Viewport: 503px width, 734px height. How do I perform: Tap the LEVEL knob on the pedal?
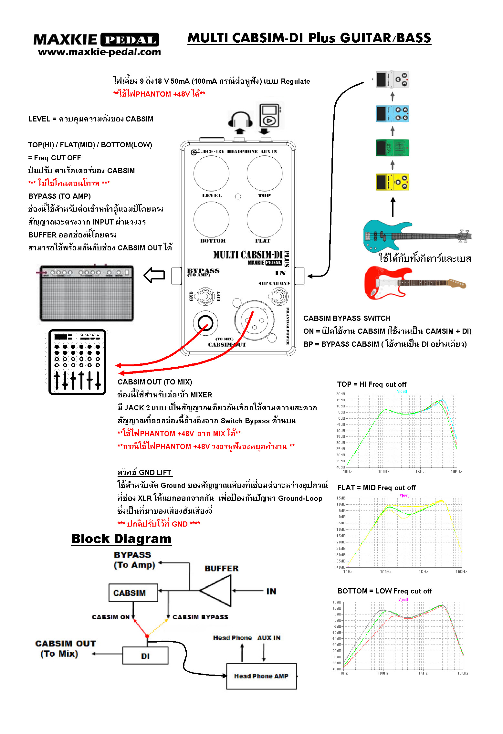tap(211, 173)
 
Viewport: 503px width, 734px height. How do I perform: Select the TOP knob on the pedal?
tap(264, 173)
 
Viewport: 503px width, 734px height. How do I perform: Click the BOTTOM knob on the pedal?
tap(211, 220)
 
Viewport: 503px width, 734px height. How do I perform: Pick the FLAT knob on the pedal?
tap(264, 220)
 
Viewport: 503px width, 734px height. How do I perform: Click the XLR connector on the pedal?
tap(254, 320)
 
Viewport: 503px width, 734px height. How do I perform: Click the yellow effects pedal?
tap(392, 182)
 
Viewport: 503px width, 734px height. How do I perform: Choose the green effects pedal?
tap(392, 148)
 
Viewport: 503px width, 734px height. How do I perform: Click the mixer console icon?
tap(77, 362)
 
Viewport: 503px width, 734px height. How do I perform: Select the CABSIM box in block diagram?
tap(133, 592)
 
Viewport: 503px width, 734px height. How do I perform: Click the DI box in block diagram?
tap(145, 655)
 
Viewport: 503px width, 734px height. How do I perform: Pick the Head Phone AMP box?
tap(261, 676)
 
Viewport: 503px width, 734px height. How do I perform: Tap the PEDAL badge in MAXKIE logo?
tap(130, 40)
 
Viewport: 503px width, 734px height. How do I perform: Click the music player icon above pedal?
tap(269, 115)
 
